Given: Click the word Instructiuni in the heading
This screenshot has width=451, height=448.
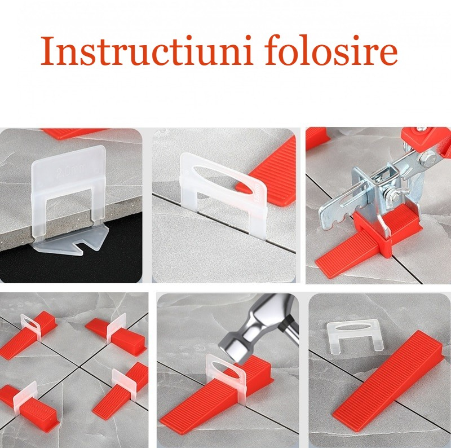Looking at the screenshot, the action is [147, 50].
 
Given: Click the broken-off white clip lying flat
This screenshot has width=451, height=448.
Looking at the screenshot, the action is [356, 336].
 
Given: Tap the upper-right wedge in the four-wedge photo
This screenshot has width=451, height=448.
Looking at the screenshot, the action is [117, 335].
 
